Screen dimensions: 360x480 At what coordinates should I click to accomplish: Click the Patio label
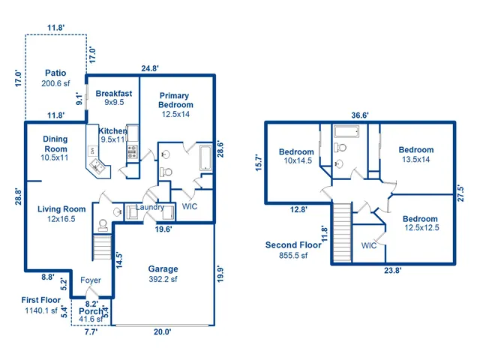55,79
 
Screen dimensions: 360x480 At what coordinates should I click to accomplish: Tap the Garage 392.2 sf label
163,274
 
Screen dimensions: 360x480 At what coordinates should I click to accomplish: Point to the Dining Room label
55,144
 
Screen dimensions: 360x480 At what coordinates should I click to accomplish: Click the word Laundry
149,207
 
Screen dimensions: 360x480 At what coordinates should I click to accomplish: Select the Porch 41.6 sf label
91,315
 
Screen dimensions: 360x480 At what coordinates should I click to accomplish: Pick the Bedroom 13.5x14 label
415,154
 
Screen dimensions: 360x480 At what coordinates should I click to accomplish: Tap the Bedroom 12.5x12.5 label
420,223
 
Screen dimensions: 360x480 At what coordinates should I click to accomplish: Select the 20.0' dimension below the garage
163,331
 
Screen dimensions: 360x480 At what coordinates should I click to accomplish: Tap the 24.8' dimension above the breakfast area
150,68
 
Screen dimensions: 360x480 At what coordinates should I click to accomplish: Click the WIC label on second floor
368,245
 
